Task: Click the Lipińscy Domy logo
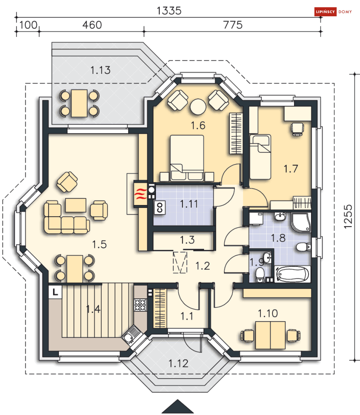pos(333,12)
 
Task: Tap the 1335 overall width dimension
pos(169,11)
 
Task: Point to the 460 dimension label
pos(92,25)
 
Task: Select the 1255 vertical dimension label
pos(348,217)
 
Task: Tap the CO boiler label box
pos(160,207)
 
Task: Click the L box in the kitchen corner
pos(55,292)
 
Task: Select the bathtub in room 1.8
pos(292,274)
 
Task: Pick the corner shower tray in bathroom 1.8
pos(301,222)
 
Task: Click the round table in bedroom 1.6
pos(198,107)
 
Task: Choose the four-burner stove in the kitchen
pos(140,305)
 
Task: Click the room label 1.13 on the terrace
pos(100,70)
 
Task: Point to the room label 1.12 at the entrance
pos(178,363)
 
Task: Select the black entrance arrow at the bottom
pos(178,406)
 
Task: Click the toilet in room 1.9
pos(260,275)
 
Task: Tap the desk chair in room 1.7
pos(297,129)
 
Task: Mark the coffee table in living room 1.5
pos(76,205)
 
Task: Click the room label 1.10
pos(268,313)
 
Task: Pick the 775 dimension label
pos(233,25)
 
